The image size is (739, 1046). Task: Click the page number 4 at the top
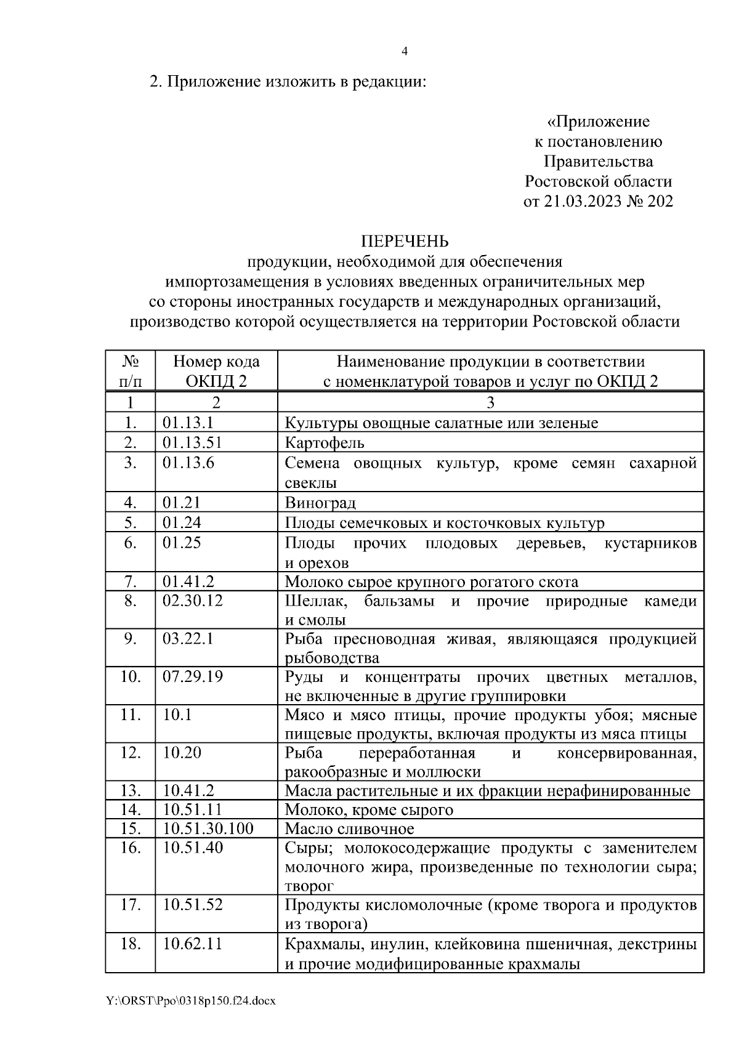pyautogui.click(x=405, y=52)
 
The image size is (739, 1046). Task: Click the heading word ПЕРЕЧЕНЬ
pyautogui.click(x=404, y=241)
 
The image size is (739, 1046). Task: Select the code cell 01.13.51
pyautogui.click(x=192, y=442)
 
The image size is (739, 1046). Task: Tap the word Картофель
pyautogui.click(x=325, y=443)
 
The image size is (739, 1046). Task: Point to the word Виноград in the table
pyautogui.click(x=320, y=503)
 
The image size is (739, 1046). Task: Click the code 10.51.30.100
pyautogui.click(x=208, y=829)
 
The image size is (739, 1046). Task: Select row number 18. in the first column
pyautogui.click(x=130, y=943)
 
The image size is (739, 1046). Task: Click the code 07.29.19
pyautogui.click(x=193, y=677)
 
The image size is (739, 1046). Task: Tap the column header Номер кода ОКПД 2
pyautogui.click(x=216, y=371)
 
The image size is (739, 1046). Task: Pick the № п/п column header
pyautogui.click(x=130, y=371)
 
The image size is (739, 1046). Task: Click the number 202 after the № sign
pyautogui.click(x=660, y=201)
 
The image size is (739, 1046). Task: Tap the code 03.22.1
pyautogui.click(x=188, y=639)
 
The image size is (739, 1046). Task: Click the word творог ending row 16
pyautogui.click(x=309, y=886)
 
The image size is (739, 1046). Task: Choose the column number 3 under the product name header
pyautogui.click(x=490, y=403)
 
